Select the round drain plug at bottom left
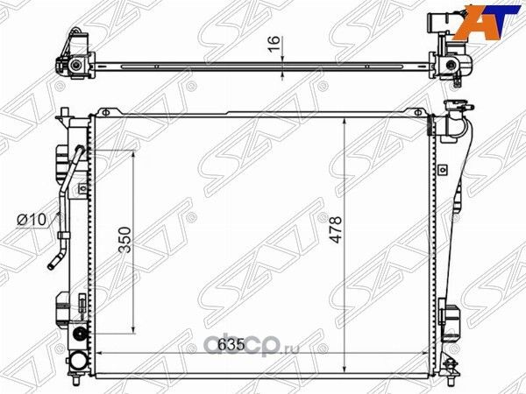(x=81, y=334)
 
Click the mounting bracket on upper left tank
(x=61, y=162)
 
